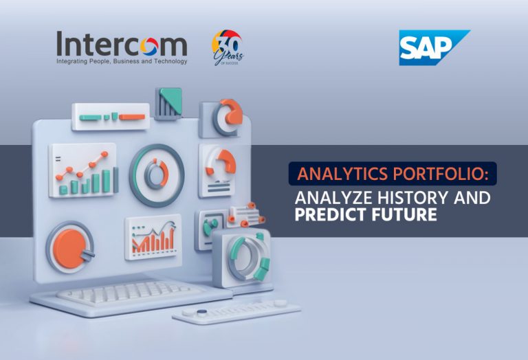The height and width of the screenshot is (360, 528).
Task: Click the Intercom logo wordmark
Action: point(122,44)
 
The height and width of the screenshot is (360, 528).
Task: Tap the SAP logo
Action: point(434,48)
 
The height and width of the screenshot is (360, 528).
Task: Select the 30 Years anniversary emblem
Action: point(228,47)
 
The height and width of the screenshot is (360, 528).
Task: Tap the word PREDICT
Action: point(329,214)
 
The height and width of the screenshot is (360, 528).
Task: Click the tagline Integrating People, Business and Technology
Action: point(122,61)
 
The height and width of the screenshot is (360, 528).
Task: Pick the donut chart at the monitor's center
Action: point(157,175)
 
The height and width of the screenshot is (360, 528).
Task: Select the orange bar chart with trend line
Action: point(153,237)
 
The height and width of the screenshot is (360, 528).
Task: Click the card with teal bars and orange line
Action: point(83,170)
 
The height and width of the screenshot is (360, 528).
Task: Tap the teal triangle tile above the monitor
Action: point(168,104)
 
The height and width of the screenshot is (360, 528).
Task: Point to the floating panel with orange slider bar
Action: point(111,117)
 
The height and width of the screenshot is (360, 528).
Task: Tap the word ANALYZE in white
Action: point(333,198)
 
